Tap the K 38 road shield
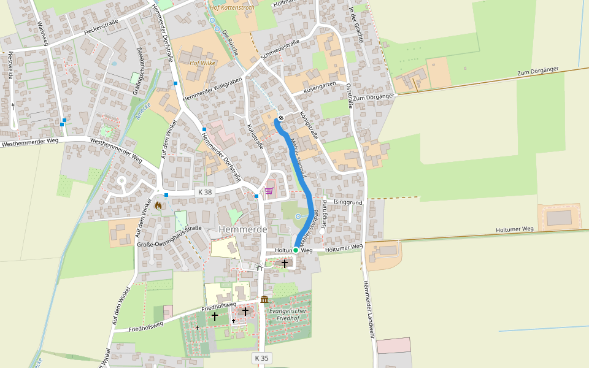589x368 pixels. pos(205,192)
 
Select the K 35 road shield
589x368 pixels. pos(261,358)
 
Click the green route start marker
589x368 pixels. pos(296,250)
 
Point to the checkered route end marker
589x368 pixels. pos(281,118)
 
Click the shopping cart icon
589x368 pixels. pos(269,191)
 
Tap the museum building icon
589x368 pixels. pos(264,299)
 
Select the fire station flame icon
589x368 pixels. pos(158,205)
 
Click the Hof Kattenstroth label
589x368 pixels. pos(232,8)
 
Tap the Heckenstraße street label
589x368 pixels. pos(101,28)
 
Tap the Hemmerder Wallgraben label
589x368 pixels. pos(212,87)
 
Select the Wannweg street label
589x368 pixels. pos(42,33)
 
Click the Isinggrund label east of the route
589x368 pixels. pos(348,202)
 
